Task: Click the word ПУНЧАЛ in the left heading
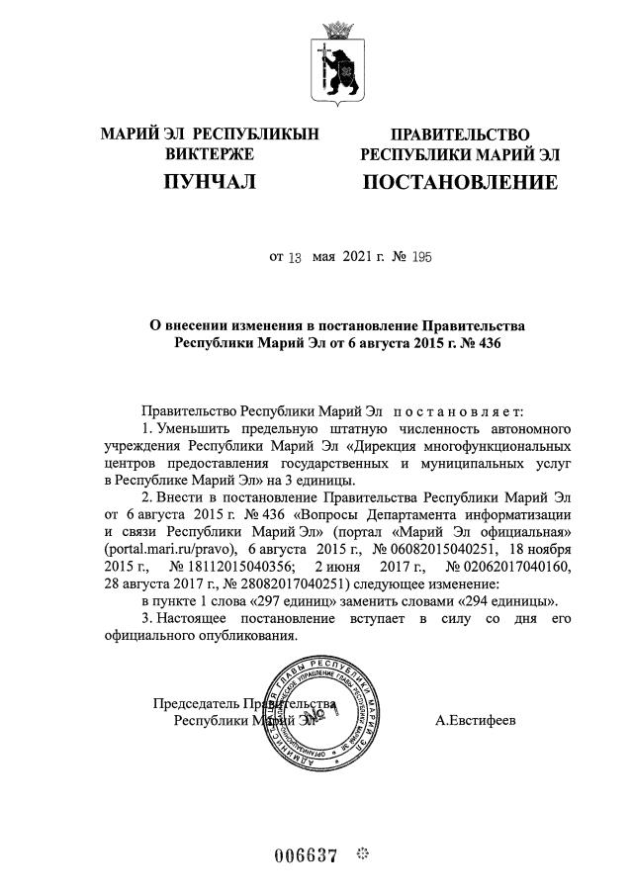pos(209,182)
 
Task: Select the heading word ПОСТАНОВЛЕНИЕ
pos(460,182)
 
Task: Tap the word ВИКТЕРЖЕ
pos(210,154)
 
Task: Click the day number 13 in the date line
pos(294,257)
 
